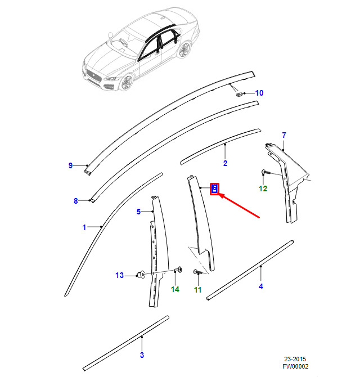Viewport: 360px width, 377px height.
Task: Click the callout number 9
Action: (x=71, y=165)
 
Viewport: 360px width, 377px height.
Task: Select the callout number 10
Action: (x=259, y=93)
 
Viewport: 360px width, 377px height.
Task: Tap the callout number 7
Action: (x=284, y=135)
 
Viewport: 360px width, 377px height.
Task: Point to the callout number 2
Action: (x=225, y=164)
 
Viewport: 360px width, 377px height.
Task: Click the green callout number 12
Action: (x=263, y=188)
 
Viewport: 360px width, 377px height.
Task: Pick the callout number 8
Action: (x=75, y=201)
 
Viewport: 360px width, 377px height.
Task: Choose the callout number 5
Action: (x=138, y=212)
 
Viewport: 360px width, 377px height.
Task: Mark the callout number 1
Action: (x=84, y=227)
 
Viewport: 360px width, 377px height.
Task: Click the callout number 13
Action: (x=119, y=275)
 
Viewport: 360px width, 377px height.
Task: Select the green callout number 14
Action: (x=175, y=289)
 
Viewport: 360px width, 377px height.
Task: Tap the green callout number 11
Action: (x=197, y=290)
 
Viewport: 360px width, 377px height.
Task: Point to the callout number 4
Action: (x=261, y=286)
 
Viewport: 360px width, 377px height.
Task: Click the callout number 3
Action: (x=142, y=355)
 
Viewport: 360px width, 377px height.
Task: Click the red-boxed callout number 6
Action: (x=214, y=188)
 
